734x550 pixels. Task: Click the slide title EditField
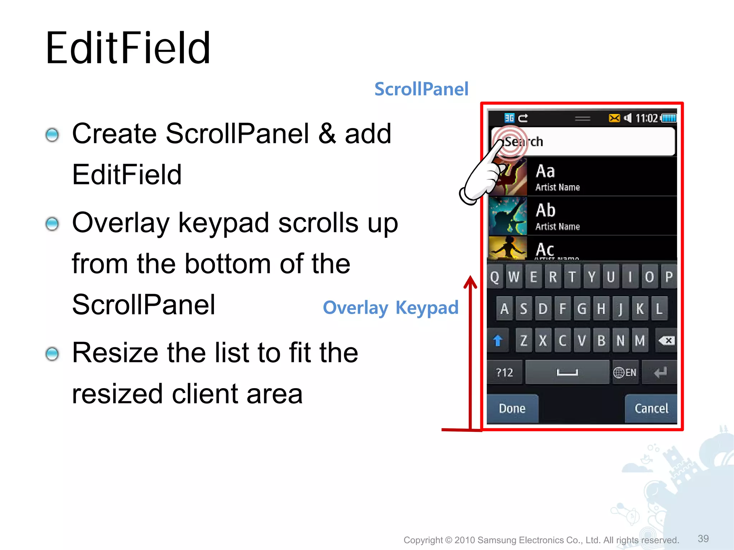coord(128,48)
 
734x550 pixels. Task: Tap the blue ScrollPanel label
coord(421,89)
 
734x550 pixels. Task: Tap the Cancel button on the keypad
coord(651,409)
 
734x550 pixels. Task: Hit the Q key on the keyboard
coord(495,277)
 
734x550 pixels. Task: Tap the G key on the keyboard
coord(582,309)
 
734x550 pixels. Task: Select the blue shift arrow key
coord(497,341)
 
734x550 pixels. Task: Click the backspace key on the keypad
coord(667,341)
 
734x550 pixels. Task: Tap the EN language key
coord(625,373)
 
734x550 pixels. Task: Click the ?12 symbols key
coord(504,373)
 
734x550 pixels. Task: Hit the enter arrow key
coord(660,373)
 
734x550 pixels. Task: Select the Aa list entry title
coord(545,172)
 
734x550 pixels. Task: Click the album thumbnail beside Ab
coord(508,216)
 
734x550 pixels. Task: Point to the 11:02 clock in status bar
coord(646,118)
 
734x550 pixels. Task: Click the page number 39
coord(703,539)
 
